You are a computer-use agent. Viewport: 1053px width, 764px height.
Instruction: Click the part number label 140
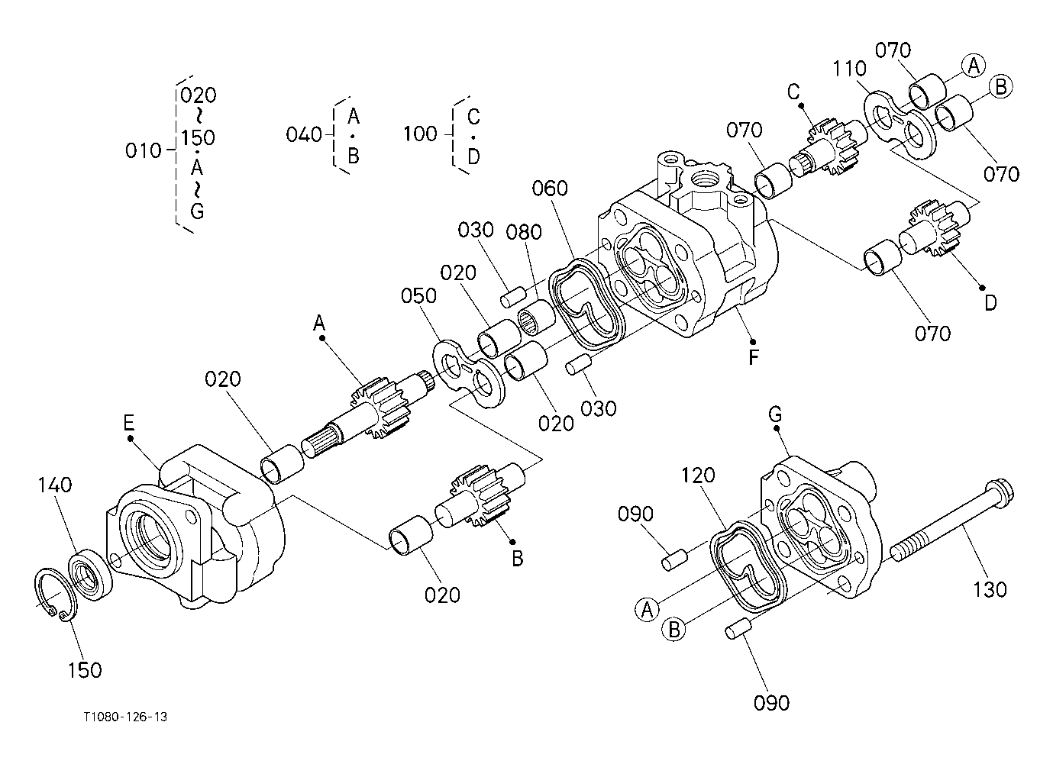click(x=57, y=485)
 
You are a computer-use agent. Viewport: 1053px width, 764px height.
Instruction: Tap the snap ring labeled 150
click(x=54, y=591)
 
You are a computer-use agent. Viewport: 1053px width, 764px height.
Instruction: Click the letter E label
click(x=129, y=422)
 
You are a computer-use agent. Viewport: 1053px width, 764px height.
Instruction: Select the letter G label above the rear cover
click(x=775, y=414)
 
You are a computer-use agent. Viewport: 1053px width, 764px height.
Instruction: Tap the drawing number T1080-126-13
click(x=126, y=717)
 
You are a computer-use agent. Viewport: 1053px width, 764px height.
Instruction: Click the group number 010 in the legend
click(x=143, y=150)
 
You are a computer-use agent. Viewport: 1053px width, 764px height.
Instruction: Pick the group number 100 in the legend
click(x=420, y=134)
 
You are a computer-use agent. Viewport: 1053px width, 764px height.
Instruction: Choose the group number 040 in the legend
click(x=303, y=135)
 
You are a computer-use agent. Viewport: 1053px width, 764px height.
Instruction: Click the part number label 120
click(x=698, y=475)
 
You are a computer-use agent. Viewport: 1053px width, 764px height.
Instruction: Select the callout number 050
click(x=420, y=296)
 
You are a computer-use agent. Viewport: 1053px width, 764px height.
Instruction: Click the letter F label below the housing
click(x=754, y=357)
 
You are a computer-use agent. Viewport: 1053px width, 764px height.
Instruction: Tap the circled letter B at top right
click(x=1000, y=87)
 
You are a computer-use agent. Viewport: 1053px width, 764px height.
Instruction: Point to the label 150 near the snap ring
click(x=84, y=670)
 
